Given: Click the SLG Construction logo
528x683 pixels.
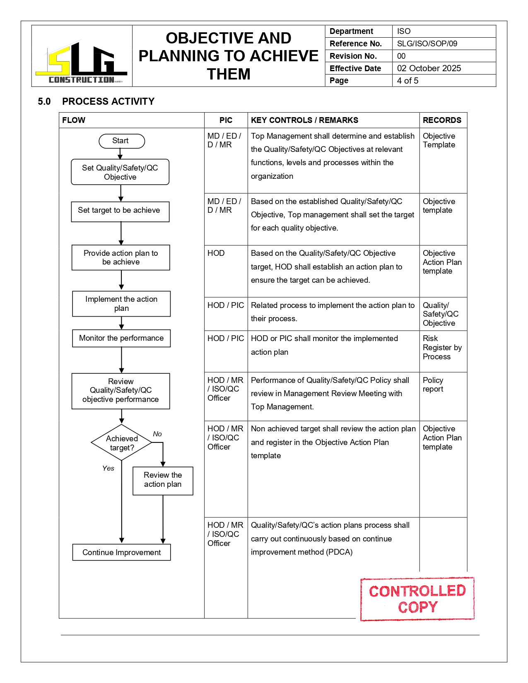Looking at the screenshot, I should click(x=81, y=62).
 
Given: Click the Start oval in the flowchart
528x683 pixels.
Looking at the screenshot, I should click(x=122, y=141).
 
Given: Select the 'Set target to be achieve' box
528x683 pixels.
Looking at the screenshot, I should click(x=120, y=212).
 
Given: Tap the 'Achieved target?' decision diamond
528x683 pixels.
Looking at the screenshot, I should click(x=121, y=443).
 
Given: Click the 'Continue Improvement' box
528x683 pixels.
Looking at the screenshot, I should click(x=121, y=552).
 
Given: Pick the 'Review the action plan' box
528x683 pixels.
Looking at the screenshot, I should click(x=163, y=480).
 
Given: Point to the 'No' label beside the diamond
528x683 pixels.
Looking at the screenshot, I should click(x=157, y=434).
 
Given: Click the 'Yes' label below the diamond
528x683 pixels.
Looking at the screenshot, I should click(x=108, y=468).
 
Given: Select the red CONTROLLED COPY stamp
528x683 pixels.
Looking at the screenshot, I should click(x=417, y=599).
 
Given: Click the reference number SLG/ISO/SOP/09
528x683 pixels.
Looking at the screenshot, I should click(x=427, y=43).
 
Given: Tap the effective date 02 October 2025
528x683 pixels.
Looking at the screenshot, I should click(x=429, y=68).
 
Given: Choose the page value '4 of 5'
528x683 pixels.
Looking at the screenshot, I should click(x=407, y=81).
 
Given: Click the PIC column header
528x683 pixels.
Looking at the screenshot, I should click(x=226, y=120).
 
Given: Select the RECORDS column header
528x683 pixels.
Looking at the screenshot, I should click(x=442, y=120).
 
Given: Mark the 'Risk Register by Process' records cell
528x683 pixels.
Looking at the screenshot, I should click(x=442, y=348).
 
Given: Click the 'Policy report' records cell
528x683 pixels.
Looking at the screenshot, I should click(x=433, y=385).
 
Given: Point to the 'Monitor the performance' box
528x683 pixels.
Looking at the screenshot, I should click(x=121, y=338).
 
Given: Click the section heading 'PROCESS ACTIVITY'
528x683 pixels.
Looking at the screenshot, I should click(x=108, y=101).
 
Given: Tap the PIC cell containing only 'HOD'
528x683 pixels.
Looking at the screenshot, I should click(x=216, y=253).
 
